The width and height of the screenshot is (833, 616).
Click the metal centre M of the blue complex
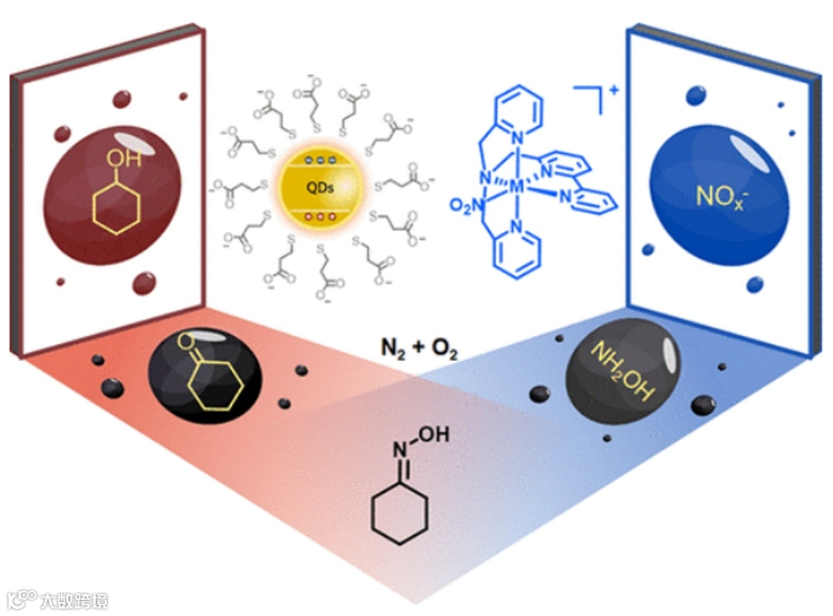[518, 186]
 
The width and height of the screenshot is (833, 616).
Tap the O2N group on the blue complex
[467, 206]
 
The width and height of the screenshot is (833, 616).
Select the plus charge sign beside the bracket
[614, 91]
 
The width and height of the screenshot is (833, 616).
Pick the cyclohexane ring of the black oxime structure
[399, 513]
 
